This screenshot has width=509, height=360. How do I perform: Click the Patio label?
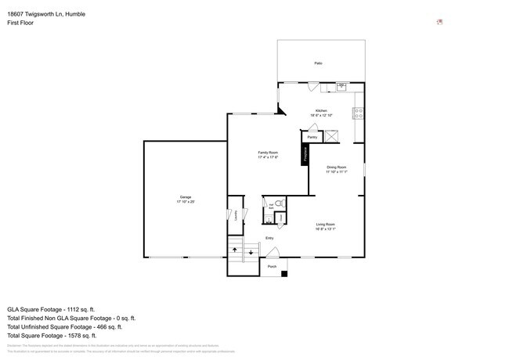point(318,63)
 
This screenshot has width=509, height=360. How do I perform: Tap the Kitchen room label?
point(321,110)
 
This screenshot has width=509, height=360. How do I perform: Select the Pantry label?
point(312,137)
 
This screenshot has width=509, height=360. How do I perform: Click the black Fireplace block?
point(305,154)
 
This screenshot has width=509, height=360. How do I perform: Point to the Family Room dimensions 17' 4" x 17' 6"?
point(269,157)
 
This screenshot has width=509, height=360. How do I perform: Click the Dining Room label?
point(336,167)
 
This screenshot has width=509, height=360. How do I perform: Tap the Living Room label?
point(326,225)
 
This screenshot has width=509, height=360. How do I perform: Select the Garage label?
point(185,197)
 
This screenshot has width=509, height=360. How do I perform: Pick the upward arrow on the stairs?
point(234,251)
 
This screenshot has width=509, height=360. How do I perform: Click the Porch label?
point(272,267)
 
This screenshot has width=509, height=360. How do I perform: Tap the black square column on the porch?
point(284,273)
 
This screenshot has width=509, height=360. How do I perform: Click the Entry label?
point(269,238)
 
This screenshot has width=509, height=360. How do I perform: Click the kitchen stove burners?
point(359,112)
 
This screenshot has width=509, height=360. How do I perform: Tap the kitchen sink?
point(342,86)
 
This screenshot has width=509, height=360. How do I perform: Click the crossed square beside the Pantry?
point(332,136)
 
